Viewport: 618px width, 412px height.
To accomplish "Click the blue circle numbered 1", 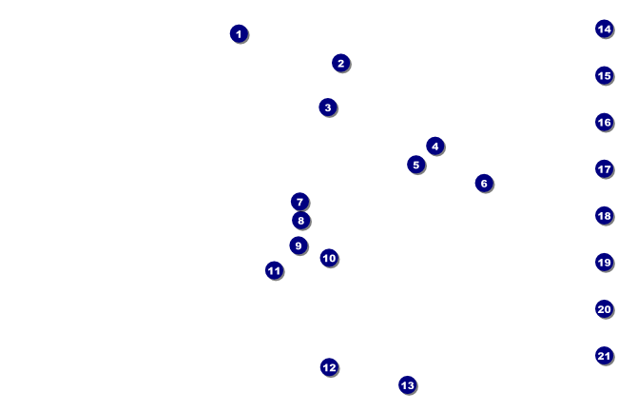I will tap(239, 34).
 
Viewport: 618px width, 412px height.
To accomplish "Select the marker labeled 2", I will tap(341, 63).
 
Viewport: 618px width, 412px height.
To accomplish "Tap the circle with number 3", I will tap(328, 108).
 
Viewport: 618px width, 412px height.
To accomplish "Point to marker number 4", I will tap(435, 146).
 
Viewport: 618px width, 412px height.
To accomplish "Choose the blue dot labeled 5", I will tap(415, 165).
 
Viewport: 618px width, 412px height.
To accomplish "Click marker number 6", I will tap(484, 183).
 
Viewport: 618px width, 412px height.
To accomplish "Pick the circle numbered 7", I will tap(299, 202).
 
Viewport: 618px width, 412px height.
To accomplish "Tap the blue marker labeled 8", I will tap(300, 221).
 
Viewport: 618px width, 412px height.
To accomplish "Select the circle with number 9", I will tap(299, 245).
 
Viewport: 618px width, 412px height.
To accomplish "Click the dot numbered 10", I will tap(329, 258).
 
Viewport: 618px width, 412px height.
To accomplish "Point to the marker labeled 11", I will tap(274, 271).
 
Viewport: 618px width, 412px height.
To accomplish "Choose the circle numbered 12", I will tap(329, 367).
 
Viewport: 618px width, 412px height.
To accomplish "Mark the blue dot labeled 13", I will tap(408, 385).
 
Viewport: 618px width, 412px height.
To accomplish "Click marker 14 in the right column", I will tap(604, 29).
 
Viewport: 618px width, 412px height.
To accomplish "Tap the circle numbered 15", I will tap(604, 75).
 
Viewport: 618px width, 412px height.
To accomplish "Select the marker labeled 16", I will tap(604, 122).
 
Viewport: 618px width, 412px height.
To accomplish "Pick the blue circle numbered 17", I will tap(604, 168).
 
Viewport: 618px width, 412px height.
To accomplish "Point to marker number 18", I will tap(604, 215).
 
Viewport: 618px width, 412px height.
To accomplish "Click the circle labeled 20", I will tap(604, 309).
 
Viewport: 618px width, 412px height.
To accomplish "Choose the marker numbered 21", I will tap(604, 356).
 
